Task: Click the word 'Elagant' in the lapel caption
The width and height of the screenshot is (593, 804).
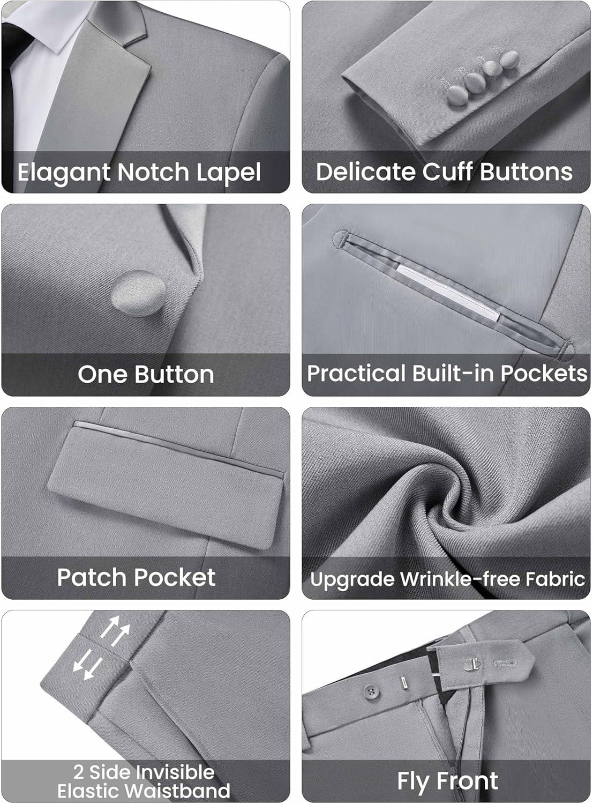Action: tap(64, 173)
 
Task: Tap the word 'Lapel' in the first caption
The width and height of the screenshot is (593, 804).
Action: tap(228, 173)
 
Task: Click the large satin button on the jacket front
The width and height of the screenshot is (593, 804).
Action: tap(138, 293)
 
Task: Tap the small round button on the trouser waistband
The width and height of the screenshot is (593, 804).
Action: tap(371, 691)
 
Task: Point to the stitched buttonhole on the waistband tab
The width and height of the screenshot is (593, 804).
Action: tap(506, 664)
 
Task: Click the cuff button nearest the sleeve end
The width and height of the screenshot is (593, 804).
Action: tap(457, 96)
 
